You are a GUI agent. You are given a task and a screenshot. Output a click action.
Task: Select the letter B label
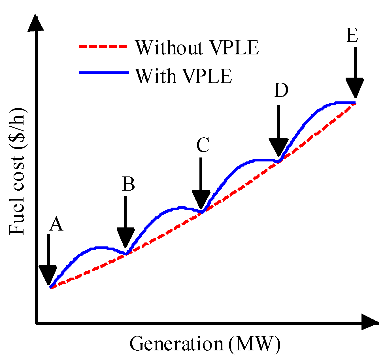128,184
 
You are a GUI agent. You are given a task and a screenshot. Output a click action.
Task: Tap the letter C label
203,145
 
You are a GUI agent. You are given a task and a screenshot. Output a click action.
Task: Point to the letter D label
281,91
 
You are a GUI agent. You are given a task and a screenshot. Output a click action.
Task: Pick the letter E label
352,36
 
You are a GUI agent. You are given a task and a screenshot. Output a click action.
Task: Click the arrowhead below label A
48,275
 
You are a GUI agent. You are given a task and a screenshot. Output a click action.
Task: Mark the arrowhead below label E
354,87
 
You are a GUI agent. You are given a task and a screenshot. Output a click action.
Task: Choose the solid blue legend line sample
104,73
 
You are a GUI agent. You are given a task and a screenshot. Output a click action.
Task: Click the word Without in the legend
169,47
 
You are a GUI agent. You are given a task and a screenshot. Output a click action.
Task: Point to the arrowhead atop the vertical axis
36,23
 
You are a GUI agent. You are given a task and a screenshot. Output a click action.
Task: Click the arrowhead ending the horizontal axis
370,322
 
